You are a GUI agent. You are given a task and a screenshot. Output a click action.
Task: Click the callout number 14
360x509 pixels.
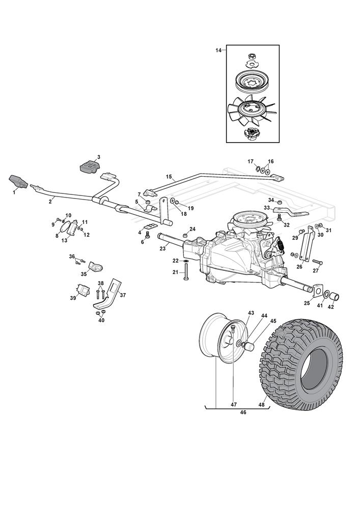pos(219,50)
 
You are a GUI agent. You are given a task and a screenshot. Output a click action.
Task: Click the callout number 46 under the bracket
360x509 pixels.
pos(242,412)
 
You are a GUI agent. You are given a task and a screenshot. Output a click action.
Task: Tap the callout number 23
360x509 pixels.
pos(162,248)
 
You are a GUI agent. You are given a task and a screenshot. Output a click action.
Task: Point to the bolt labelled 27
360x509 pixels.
pos(317,263)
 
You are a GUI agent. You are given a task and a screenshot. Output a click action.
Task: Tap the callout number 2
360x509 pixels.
pos(50,202)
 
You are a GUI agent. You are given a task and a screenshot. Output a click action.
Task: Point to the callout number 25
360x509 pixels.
pos(307,303)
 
